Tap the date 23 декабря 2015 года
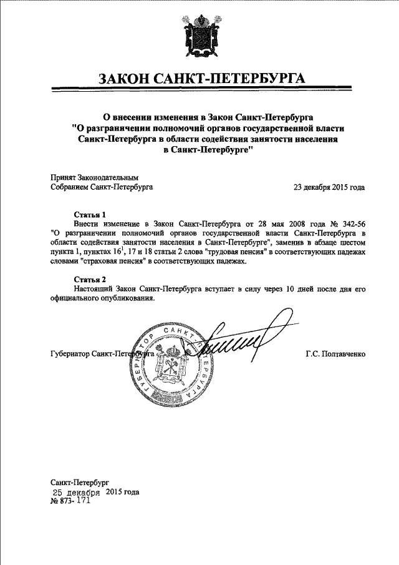(x=329, y=187)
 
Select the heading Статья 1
(x=90, y=214)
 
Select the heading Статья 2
(x=90, y=278)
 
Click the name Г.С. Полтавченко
(x=335, y=354)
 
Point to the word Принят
(x=62, y=177)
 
